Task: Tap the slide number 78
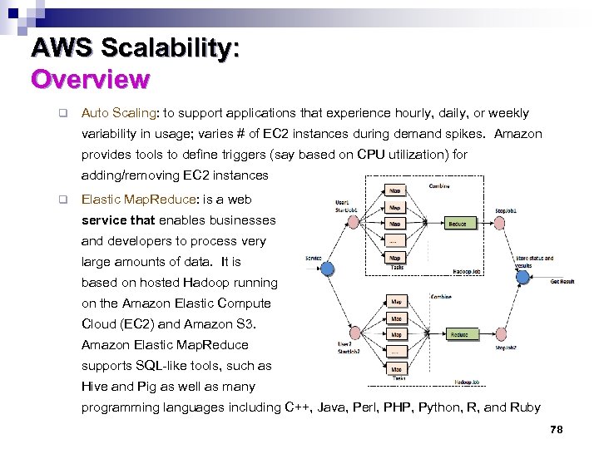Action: click(557, 429)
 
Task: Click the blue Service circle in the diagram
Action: click(328, 268)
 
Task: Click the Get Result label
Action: click(562, 281)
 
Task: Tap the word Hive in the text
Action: click(94, 387)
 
